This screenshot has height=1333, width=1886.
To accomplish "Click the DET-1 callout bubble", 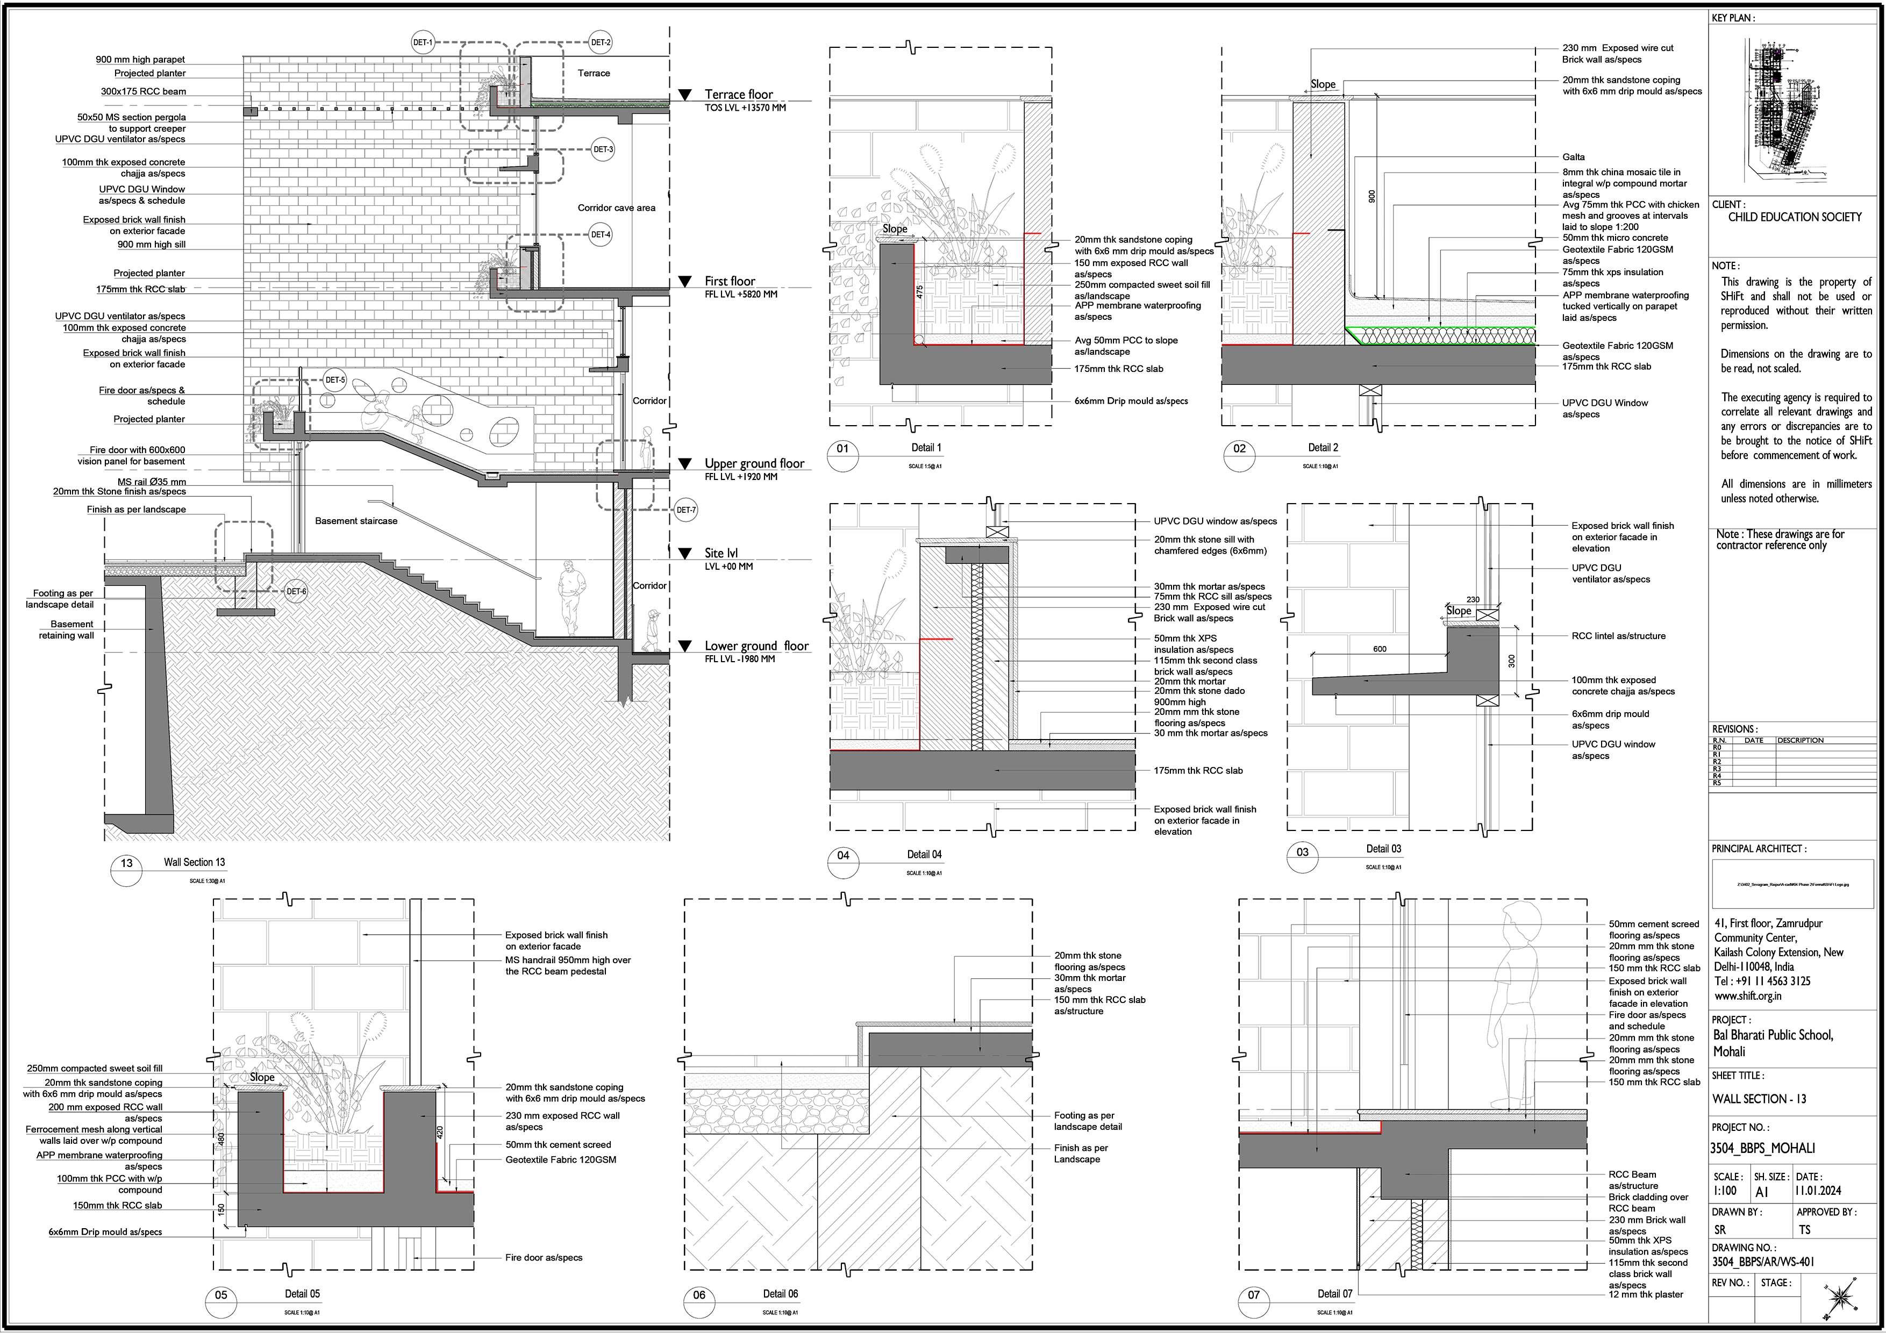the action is click(x=422, y=42).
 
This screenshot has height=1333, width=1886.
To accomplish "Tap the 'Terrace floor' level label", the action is click(x=739, y=95).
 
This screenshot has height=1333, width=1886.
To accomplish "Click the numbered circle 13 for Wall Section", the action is click(x=126, y=863).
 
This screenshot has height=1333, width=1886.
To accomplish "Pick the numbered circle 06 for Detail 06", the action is click(x=699, y=1295).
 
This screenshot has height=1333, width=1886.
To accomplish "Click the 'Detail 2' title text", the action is click(x=1323, y=448).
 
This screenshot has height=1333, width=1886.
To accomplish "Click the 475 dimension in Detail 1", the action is click(x=920, y=291).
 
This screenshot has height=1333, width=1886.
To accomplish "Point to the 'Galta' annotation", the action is click(x=1574, y=157).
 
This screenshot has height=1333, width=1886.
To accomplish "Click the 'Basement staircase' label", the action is click(x=356, y=521).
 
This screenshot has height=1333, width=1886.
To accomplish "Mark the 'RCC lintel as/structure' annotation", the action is click(x=1618, y=636).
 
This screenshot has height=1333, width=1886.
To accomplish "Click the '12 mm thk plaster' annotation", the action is click(x=1645, y=1294).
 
